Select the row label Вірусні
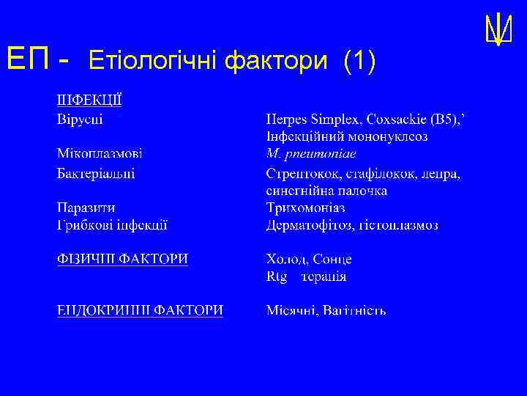80,118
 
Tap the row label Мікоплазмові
100,154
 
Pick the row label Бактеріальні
96,173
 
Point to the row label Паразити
86,208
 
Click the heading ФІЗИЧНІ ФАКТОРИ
122,259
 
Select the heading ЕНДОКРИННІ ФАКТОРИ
141,310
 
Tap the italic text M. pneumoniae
311,154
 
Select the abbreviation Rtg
277,276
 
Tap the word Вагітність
354,310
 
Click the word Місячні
292,310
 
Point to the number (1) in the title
359,62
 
